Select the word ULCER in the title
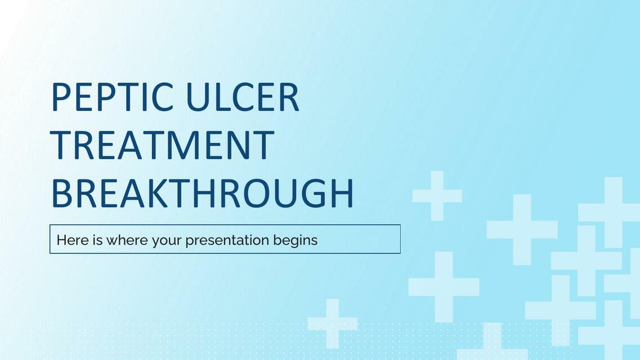coord(243,97)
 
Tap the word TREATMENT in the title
coord(163,145)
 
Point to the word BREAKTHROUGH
coord(203,193)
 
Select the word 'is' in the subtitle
coord(98,240)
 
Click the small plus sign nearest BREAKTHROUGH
coord(437,196)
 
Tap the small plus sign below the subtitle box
coord(332,323)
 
